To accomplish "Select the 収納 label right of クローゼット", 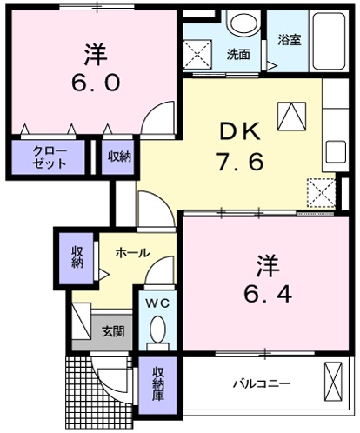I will click(x=119, y=157).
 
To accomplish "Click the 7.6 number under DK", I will click(x=238, y=163).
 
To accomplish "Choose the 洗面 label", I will click(x=238, y=54).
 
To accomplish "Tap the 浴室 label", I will click(x=290, y=39).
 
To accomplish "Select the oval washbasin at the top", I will click(x=244, y=23).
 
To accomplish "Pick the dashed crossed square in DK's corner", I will click(x=321, y=191).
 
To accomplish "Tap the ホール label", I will click(x=132, y=253).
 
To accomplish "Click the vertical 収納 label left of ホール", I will click(x=77, y=256).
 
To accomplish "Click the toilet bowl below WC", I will click(x=157, y=330).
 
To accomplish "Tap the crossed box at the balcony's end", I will click(x=333, y=380).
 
